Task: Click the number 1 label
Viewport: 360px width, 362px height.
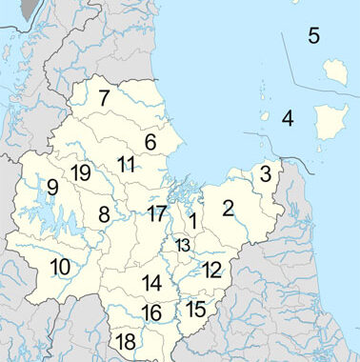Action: [x=192, y=221]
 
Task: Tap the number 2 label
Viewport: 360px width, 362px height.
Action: [x=229, y=208]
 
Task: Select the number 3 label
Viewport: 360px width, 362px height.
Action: [x=266, y=173]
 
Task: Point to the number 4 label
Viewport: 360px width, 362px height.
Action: [x=287, y=119]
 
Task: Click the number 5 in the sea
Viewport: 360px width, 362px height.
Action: [x=313, y=36]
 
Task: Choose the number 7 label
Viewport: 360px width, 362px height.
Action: [x=104, y=96]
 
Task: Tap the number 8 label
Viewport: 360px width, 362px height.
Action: [x=104, y=215]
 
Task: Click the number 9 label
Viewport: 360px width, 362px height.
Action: [x=52, y=188]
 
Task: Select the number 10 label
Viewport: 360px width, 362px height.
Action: [x=59, y=267]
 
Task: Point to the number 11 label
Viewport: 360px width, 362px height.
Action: [x=127, y=164]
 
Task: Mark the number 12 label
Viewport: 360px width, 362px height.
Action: [x=211, y=270]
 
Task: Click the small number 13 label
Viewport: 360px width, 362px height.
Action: [x=183, y=246]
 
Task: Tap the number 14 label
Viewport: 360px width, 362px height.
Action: [x=151, y=283]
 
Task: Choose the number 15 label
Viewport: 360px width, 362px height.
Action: [x=196, y=309]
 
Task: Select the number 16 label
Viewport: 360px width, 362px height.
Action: [x=151, y=313]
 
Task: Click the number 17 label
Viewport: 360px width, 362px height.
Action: [x=157, y=213]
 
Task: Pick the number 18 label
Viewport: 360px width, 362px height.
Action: [x=125, y=342]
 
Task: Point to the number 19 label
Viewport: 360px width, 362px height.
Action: [x=80, y=172]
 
